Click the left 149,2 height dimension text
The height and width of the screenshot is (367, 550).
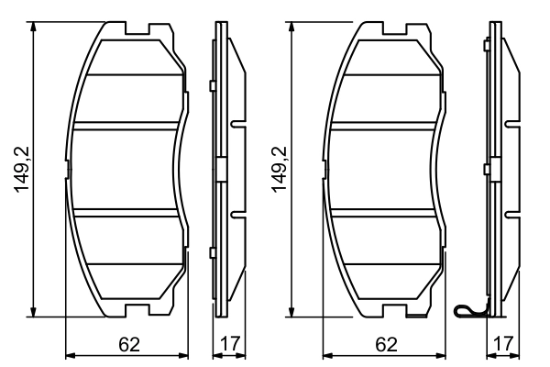coord(21,170)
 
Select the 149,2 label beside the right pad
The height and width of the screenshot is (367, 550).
coord(280,170)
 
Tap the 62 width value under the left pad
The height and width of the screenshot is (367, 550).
coord(128,345)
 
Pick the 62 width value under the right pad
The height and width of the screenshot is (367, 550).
coord(387,345)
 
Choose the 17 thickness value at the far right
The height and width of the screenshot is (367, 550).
coord(501,345)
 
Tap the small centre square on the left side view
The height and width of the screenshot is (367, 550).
coord(220,169)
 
